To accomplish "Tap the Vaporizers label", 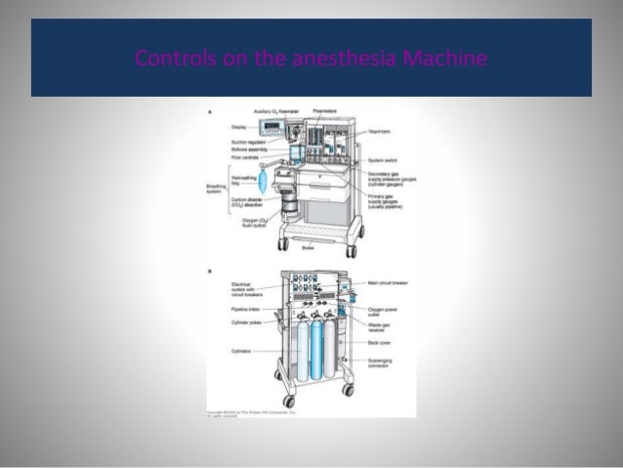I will [x=383, y=131].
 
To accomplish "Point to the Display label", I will [x=238, y=127].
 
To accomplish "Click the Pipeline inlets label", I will [x=240, y=307].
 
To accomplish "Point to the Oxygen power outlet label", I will [x=383, y=312].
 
